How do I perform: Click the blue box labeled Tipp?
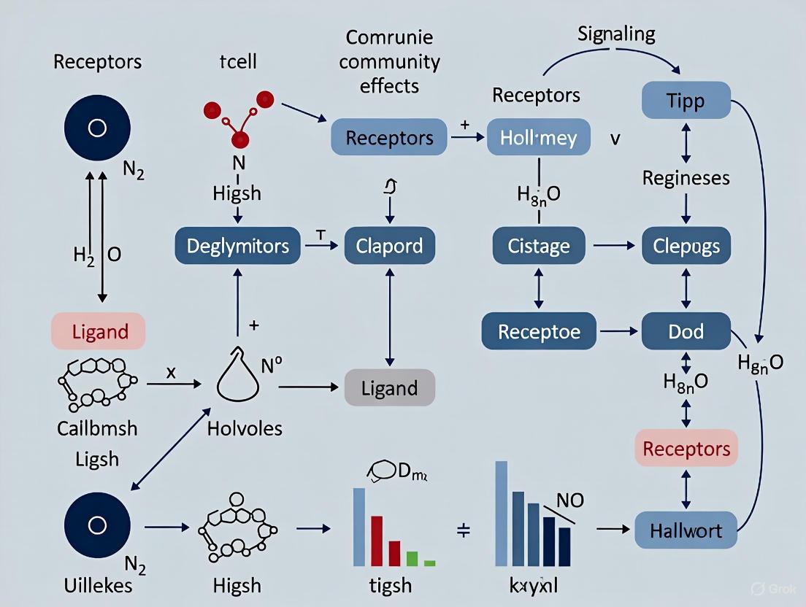(686, 101)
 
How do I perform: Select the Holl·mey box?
(539, 137)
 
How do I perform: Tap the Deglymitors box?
(237, 246)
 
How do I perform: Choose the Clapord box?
(389, 246)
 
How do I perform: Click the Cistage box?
(539, 247)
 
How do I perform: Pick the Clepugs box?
(686, 247)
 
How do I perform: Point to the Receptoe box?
(539, 331)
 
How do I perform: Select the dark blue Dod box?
(686, 331)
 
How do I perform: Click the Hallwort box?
(686, 530)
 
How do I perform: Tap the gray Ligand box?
(389, 387)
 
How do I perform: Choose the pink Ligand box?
(99, 331)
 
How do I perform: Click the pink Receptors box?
(686, 448)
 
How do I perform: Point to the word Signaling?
(616, 34)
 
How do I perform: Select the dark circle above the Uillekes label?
(97, 525)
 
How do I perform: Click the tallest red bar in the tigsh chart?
(377, 541)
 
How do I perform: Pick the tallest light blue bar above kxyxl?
(502, 514)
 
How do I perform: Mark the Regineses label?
(686, 178)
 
